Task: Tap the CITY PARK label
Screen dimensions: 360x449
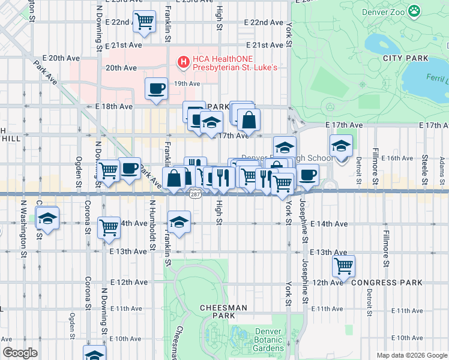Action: pyautogui.click(x=406, y=58)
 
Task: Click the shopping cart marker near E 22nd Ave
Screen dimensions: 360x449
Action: pyautogui.click(x=144, y=22)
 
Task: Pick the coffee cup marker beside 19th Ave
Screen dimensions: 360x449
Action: pyautogui.click(x=156, y=89)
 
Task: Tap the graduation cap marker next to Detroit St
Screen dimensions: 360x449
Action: pyautogui.click(x=341, y=146)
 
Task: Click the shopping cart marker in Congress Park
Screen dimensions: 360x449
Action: pyautogui.click(x=343, y=265)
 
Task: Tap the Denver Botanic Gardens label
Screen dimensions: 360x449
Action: pyautogui.click(x=268, y=340)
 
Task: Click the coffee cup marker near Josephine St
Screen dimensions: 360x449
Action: pyautogui.click(x=308, y=175)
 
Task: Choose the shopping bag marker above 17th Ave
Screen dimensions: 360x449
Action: pyautogui.click(x=249, y=121)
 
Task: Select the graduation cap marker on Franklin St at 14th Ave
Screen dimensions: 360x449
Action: pyautogui.click(x=178, y=222)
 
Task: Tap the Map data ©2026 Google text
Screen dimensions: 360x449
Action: pyautogui.click(x=411, y=355)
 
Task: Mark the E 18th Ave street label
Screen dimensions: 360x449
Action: pyautogui.click(x=113, y=106)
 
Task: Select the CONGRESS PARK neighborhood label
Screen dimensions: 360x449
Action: pyautogui.click(x=384, y=282)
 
